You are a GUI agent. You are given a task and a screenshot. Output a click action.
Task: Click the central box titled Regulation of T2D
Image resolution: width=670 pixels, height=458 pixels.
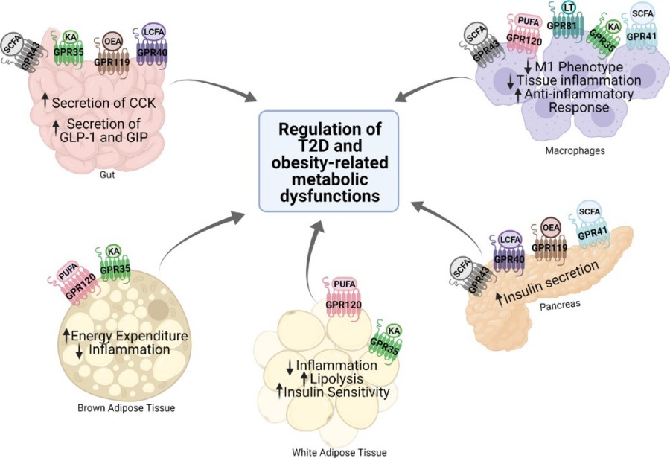[328, 160]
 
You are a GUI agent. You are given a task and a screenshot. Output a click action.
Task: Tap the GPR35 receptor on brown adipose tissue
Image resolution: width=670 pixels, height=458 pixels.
[113, 270]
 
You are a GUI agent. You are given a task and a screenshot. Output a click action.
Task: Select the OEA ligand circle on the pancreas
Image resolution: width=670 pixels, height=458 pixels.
[551, 226]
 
